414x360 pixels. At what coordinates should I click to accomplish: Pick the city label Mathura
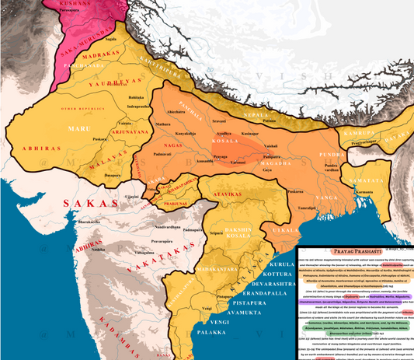pyautogui.click(x=163, y=124)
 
